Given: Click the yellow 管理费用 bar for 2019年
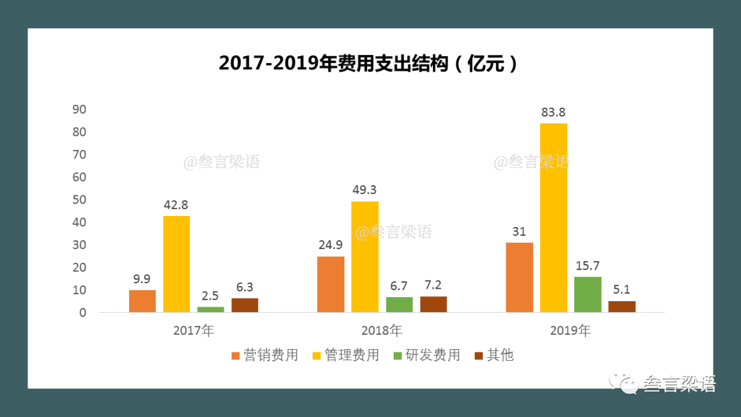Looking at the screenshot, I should coord(553,218).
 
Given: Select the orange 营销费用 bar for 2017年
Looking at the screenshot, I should coord(142,301).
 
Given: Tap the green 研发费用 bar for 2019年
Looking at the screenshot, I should coord(587,294).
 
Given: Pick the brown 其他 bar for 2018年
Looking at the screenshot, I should coord(434,305).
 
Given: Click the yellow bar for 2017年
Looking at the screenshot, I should coord(176,264).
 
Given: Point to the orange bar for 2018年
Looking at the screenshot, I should coord(331,284).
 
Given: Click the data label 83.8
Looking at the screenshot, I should coord(553,112).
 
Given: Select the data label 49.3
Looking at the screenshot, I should coord(364,190).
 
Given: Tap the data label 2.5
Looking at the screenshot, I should coord(211,296).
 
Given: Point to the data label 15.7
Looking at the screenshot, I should coord(587,265).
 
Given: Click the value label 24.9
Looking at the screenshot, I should coord(331,245).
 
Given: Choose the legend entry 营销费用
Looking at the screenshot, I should coord(264,355).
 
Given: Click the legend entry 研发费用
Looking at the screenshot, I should coord(426,355).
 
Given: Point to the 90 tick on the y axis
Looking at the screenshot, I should coord(79,109).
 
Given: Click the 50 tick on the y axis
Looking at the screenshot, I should coord(79,200).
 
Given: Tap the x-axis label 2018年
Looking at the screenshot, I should coord(382,331).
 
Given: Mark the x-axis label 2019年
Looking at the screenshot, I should coord(570,331).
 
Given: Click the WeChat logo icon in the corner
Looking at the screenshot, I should coord(626,384).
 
